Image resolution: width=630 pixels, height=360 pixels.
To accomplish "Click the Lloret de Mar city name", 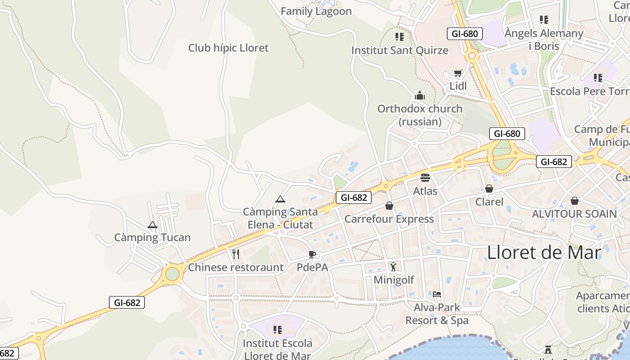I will (544, 253).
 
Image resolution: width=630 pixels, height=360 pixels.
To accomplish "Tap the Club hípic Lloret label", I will (228, 48).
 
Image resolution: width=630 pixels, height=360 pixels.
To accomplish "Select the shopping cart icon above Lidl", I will (458, 73).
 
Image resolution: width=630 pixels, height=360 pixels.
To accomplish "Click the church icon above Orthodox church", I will (420, 95).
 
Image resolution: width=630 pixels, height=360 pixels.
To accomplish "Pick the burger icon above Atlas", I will (425, 177).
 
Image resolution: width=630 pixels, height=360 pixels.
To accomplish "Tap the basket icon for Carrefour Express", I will (389, 206).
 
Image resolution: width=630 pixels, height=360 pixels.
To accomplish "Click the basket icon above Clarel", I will (489, 189).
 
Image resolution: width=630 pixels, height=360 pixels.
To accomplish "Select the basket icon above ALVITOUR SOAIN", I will (574, 200).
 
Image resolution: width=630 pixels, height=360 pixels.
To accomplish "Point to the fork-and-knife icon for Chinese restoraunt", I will (236, 254).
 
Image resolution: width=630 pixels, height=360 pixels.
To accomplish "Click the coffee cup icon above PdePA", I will (312, 254).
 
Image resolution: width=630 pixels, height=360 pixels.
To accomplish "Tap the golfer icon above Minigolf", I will (394, 267).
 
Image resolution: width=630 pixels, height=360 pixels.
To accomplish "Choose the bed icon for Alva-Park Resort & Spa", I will (437, 294).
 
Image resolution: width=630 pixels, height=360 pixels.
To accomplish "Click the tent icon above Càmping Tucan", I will (152, 225).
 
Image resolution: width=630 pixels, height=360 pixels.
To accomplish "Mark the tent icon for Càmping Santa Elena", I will (280, 198).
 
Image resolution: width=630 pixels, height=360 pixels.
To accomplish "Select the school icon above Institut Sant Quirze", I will (399, 36).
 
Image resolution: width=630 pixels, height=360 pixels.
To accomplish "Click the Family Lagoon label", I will (316, 11).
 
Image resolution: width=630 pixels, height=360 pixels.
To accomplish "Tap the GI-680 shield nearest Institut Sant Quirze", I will (465, 34).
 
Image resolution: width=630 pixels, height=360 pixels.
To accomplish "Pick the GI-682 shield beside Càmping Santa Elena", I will (353, 197).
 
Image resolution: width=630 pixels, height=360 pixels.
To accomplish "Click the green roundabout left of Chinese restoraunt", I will (172, 274).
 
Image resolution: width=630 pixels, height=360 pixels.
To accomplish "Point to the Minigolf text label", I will (394, 280).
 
